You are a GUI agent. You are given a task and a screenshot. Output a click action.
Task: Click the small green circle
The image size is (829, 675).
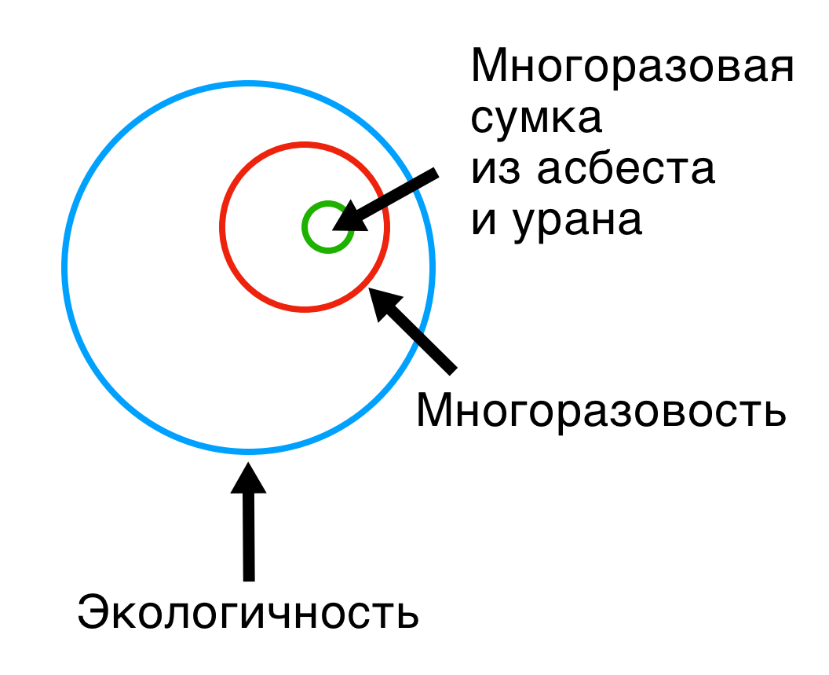[x=328, y=227]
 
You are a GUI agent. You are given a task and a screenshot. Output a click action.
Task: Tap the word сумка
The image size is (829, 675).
[x=536, y=119]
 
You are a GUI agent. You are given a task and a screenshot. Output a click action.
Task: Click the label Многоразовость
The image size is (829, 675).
[x=601, y=411]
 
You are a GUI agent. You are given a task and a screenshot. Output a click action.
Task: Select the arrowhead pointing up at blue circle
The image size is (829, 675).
[x=248, y=478]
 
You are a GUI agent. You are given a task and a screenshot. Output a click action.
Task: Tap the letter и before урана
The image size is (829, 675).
[x=483, y=222]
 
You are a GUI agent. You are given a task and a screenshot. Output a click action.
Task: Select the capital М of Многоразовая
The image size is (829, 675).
[x=490, y=64]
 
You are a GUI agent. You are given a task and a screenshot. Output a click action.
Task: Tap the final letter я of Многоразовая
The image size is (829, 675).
[x=782, y=69]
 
